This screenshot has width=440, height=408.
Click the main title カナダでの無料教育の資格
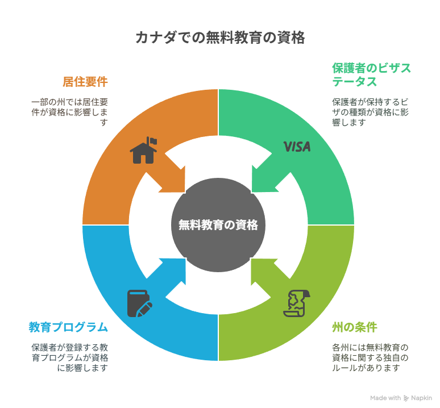pos(220,38)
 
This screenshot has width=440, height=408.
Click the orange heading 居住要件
pos(85,82)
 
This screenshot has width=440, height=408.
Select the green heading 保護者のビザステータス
pos(371,75)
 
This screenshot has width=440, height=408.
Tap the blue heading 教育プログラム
pos(68,327)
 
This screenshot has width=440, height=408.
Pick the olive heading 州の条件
pos(354,327)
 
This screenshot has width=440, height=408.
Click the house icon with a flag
pos(143,150)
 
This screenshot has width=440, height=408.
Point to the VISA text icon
pos(297,147)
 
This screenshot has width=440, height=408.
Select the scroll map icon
pos(297,303)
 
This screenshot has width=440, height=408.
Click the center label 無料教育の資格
pos(218,225)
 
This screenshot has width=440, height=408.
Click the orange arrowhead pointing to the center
pos(172,179)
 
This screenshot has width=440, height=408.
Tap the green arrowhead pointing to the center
pos(264,179)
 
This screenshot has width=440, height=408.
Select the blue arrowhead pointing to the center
pos(172,271)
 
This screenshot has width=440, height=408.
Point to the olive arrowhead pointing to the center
pos(264,271)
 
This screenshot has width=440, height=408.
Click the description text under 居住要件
pos(69,112)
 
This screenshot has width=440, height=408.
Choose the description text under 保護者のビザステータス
pos(370,112)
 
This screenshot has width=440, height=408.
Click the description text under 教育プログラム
pos(69,358)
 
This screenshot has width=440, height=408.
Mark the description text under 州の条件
pos(370,358)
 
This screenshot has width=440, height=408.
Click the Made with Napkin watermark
pos(401,398)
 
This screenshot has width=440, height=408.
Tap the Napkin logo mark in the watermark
pos(406,398)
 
